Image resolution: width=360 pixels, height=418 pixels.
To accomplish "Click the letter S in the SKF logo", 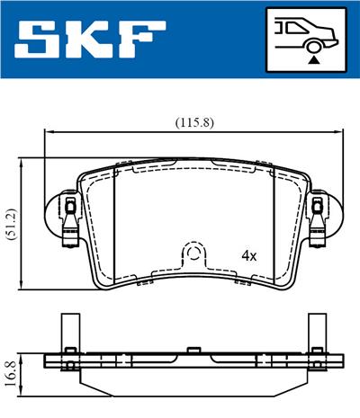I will pyautogui.click(x=40, y=41).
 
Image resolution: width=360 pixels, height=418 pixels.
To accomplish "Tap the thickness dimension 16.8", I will pyautogui.click(x=10, y=368).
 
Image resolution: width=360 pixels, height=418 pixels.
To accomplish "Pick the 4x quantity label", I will pyautogui.click(x=249, y=255).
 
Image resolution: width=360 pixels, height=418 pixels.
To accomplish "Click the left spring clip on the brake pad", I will pyautogui.click(x=68, y=220).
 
